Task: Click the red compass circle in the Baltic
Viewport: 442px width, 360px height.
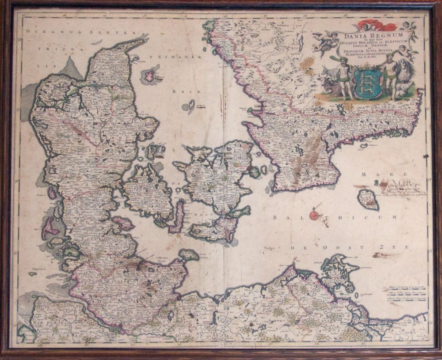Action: click(314, 215)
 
